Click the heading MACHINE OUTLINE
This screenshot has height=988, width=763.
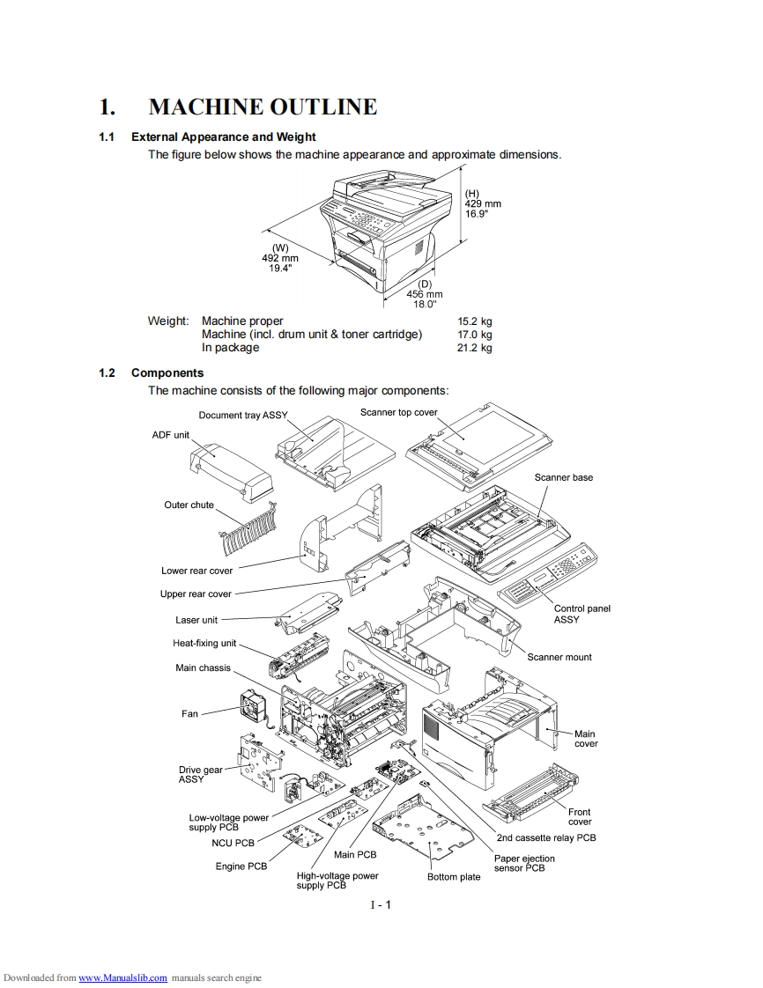263,107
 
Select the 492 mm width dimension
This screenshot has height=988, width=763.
280,258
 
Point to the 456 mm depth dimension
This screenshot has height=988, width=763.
425,294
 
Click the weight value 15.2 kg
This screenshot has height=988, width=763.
475,321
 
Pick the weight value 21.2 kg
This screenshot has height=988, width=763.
475,348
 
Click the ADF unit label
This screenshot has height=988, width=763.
170,435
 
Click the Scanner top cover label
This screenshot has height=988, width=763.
398,412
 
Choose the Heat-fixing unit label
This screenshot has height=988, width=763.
204,643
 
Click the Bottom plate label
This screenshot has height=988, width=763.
454,877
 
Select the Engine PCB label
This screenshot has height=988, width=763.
241,866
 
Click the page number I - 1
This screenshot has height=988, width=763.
381,905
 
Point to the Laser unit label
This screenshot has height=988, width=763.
196,620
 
